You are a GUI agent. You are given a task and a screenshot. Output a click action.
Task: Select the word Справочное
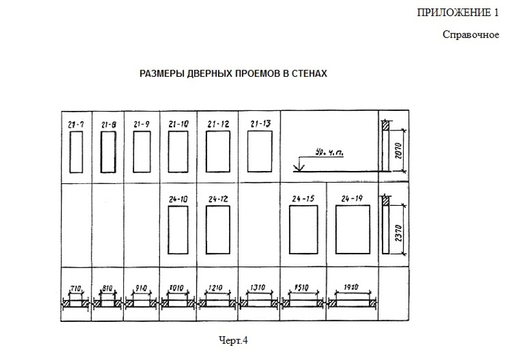coord(471,34)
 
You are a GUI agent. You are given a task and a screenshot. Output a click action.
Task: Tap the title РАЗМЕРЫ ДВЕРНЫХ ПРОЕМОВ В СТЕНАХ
coord(233,74)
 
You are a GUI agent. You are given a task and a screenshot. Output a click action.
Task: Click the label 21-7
coord(76,123)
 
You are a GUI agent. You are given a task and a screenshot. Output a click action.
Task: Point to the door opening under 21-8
coord(108,151)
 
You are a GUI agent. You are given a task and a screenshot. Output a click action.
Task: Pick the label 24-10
coord(177,199)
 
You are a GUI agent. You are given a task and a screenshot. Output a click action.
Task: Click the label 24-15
coord(303,199)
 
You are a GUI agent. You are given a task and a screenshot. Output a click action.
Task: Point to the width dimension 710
coord(75,288)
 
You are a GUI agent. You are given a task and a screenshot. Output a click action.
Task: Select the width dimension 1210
coord(218,288)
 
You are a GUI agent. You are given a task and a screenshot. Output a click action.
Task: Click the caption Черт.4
coord(233,337)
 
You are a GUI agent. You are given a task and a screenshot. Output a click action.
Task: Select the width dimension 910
coord(141,288)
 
